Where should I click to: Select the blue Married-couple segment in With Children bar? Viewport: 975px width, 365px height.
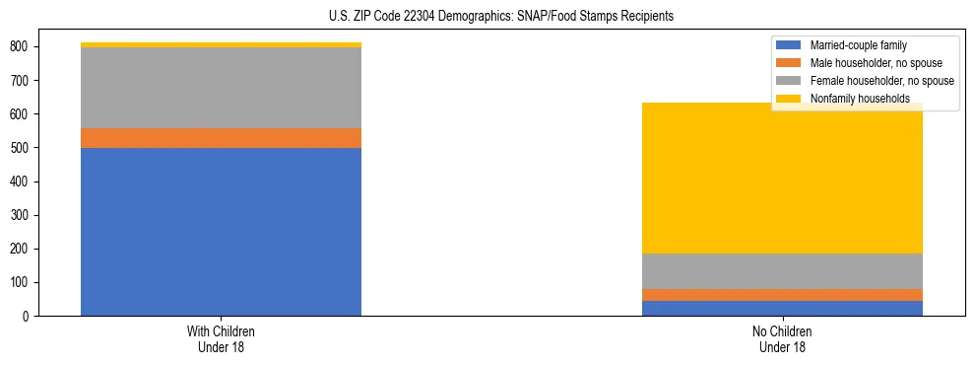click(x=221, y=232)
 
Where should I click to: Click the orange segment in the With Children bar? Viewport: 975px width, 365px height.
click(x=221, y=138)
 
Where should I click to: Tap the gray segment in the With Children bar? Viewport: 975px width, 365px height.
click(x=221, y=88)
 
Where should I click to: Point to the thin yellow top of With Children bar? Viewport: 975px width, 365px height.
click(x=221, y=44)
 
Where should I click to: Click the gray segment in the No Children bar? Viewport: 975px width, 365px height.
click(x=782, y=271)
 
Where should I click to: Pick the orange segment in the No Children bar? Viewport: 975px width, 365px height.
click(x=782, y=295)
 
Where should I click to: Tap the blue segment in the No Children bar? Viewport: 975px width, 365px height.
click(x=782, y=308)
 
